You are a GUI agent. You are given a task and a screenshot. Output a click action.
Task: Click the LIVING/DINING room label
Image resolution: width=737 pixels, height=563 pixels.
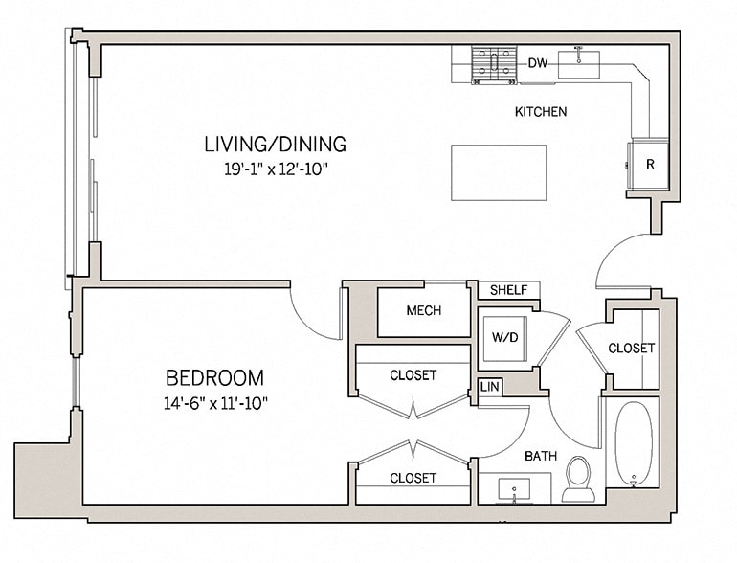coord(275,145)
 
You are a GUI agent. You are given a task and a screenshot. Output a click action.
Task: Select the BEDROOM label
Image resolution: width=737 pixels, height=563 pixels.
coord(214,377)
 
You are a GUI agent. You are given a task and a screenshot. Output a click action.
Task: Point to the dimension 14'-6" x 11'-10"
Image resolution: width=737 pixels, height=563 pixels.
coord(214,402)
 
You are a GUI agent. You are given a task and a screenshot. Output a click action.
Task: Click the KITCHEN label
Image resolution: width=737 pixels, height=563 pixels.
coord(541,112)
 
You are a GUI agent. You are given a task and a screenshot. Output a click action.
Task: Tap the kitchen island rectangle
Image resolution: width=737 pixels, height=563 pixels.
coord(498,172)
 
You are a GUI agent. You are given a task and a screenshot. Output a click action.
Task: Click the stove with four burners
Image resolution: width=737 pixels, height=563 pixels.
coord(493,65)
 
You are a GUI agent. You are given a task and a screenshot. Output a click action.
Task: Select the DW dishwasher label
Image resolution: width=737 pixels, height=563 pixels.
coord(537,64)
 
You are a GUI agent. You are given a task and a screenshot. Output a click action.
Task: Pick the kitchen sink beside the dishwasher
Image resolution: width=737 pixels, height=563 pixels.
coord(579,63)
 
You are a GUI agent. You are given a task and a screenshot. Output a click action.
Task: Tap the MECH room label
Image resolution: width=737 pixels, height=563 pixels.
coord(423,311)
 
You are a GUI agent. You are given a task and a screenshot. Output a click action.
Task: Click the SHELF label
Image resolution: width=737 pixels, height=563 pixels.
coord(507,290)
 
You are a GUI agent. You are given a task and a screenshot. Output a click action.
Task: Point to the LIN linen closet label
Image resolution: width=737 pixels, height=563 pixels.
coord(488,387)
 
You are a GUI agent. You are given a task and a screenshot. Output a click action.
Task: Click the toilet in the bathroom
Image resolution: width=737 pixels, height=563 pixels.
coord(579,479)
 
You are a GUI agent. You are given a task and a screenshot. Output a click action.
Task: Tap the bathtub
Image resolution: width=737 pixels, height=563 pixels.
coord(633,443)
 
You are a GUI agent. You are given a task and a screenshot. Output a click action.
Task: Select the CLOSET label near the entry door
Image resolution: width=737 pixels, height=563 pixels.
coord(632,349)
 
